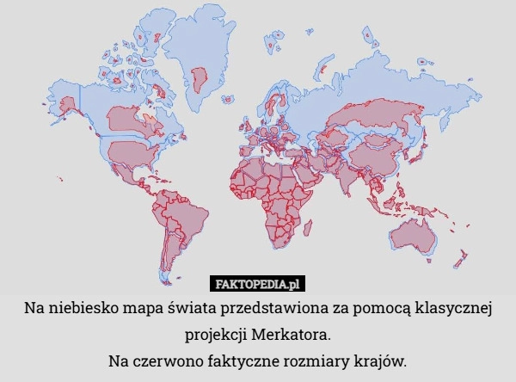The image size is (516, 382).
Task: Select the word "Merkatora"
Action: point(293,332)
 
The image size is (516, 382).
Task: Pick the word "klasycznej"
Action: point(453,308)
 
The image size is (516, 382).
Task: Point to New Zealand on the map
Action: point(462,257)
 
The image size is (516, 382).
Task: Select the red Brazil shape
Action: point(184,215)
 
